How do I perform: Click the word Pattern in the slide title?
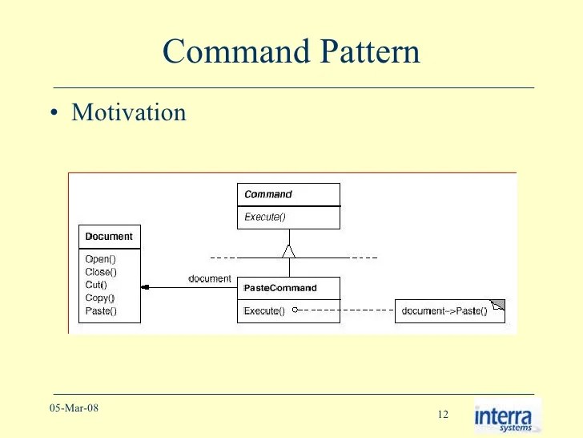click(371, 52)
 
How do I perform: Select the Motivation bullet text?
click(129, 112)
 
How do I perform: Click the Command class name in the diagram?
click(267, 194)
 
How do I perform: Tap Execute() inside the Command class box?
click(264, 217)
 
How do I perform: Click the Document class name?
click(109, 237)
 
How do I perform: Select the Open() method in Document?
click(100, 259)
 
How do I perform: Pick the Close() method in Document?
click(101, 272)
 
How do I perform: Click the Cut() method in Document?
click(96, 285)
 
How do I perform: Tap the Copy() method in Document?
click(100, 298)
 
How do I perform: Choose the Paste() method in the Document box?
click(101, 310)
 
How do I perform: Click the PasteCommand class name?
click(280, 288)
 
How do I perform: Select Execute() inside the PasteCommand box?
click(264, 310)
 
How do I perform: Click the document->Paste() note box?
click(444, 310)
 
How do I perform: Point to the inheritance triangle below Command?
click(289, 250)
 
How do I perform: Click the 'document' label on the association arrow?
click(209, 278)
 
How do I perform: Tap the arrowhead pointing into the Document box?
click(145, 287)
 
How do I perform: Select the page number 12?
click(443, 414)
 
